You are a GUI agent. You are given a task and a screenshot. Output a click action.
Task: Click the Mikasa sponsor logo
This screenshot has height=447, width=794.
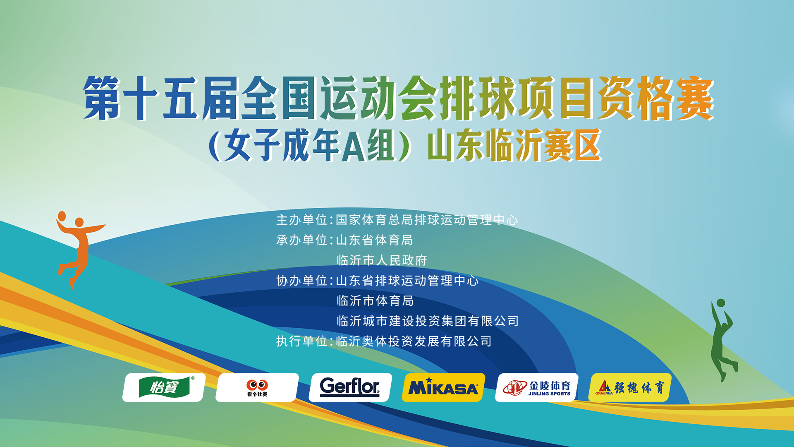[443, 387]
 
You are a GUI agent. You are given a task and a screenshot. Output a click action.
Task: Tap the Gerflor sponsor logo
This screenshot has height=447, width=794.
[350, 387]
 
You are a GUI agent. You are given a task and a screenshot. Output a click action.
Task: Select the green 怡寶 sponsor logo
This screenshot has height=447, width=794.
[164, 387]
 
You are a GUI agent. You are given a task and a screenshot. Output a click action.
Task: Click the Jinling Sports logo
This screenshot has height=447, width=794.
[537, 387]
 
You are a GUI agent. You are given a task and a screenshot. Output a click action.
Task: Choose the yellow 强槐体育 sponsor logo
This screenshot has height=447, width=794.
[630, 387]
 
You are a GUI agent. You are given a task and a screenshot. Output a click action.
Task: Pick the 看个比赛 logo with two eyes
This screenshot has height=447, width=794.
[257, 387]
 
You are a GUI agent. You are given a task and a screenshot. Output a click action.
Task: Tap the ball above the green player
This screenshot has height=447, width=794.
[721, 303]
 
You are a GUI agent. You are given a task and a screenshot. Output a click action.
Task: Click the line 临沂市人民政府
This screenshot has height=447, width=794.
[382, 260]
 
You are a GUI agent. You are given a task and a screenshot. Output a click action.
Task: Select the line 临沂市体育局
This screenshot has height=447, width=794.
[375, 301]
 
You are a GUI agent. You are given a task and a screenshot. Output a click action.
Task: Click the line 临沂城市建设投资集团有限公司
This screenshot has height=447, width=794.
[428, 321]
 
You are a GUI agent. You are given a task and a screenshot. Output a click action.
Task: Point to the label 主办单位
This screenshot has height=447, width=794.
[302, 220]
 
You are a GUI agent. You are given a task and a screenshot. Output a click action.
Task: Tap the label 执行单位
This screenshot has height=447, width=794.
[302, 341]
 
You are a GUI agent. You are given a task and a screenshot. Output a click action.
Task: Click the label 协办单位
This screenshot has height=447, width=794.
[302, 281]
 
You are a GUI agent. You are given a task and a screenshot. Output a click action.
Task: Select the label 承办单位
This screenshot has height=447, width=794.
[302, 240]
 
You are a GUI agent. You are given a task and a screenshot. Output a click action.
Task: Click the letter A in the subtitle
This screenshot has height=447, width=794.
[354, 146]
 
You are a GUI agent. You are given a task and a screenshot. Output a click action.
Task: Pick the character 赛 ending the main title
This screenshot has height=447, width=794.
[695, 99]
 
